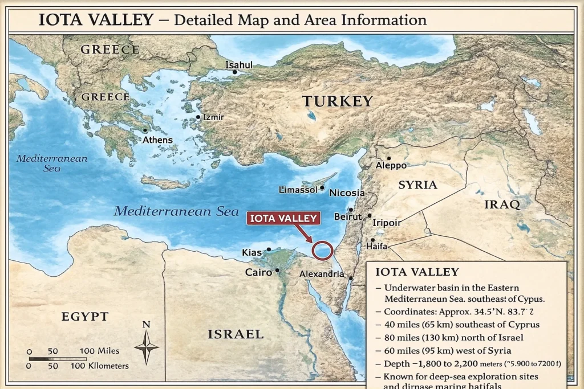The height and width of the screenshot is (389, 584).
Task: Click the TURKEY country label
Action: coord(338,102)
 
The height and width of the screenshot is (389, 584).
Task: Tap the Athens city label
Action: coord(157,140)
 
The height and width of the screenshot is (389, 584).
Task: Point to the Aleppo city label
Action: coord(391,165)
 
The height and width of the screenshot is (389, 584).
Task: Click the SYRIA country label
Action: coord(417,185)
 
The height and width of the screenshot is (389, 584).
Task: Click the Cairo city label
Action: coord(258,272)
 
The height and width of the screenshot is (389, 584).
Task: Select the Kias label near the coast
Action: coord(252,252)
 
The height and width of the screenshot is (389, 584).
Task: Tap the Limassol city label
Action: coord(297,190)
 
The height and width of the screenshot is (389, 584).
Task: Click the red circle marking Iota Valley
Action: coord(323,251)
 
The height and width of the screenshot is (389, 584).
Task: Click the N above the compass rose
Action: coord(146,325)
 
